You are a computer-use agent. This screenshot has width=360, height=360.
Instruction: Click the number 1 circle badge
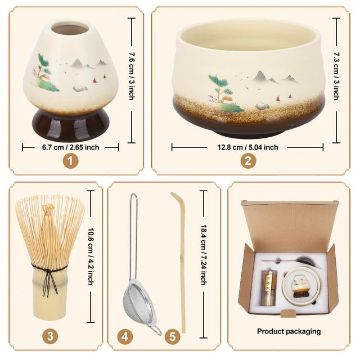tap(70, 160)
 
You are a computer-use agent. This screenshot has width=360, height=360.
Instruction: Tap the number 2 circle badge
tap(248, 161)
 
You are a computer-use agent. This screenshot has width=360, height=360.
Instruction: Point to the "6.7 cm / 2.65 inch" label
tap(70, 147)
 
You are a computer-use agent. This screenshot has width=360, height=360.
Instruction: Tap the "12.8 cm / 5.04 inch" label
tap(247, 147)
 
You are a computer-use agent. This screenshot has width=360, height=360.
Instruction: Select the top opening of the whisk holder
tap(71, 28)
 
